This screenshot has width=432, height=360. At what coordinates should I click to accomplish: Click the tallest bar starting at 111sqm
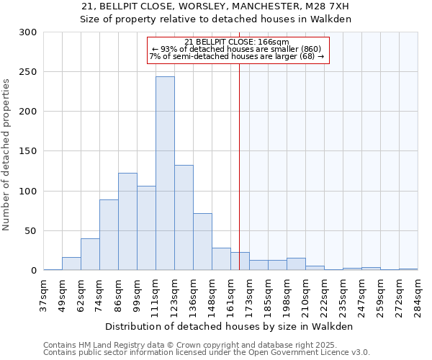pos(165,174)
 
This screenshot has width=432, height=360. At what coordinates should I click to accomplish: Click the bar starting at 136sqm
pos(202,242)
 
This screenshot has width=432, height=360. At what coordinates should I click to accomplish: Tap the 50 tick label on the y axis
pos(30,231)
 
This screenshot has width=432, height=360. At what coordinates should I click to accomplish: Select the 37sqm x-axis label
pos(43,295)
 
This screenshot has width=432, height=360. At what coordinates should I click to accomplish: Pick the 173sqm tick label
pos(249,295)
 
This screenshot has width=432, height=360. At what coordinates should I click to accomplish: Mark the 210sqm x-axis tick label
pos(305,295)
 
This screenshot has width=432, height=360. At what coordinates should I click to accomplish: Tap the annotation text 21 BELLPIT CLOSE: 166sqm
pos(237,42)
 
